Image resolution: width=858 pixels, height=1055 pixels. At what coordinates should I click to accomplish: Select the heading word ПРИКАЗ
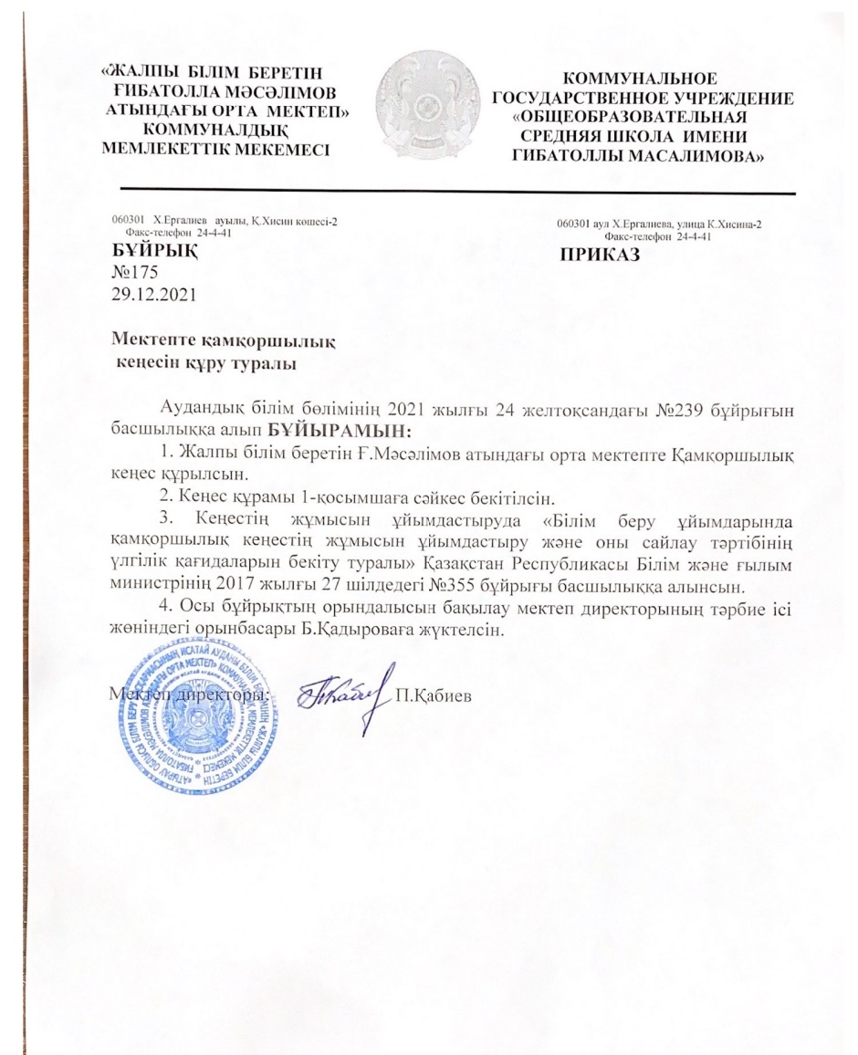(600, 256)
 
